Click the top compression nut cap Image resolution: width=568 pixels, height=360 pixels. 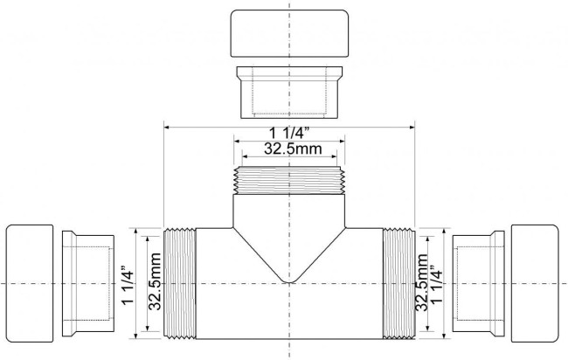[x=289, y=33]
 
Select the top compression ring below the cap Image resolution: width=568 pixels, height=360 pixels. [x=289, y=93]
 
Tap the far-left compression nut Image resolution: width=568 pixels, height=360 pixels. [x=30, y=283]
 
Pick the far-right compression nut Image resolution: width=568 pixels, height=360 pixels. [x=535, y=283]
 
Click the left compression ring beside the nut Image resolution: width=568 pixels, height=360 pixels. [x=88, y=283]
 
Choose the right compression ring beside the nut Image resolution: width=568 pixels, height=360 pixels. [x=478, y=283]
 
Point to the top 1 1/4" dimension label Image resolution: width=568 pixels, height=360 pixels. [x=289, y=134]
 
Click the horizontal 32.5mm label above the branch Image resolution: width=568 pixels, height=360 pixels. [x=293, y=149]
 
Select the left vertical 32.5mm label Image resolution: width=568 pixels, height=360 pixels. [x=155, y=281]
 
